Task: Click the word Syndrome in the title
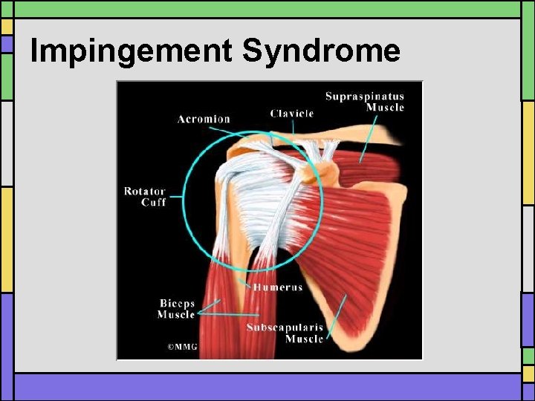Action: (321, 51)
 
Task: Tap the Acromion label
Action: (204, 119)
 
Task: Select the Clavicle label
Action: (292, 114)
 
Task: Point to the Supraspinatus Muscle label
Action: (365, 101)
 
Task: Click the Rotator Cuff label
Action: (145, 197)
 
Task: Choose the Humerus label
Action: (278, 287)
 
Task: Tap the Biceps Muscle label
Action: (176, 309)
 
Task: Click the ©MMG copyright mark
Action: (182, 346)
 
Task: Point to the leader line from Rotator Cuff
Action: (176, 197)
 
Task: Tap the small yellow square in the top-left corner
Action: (7, 26)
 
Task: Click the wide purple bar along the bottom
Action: (267, 387)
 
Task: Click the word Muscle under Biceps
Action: (176, 315)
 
